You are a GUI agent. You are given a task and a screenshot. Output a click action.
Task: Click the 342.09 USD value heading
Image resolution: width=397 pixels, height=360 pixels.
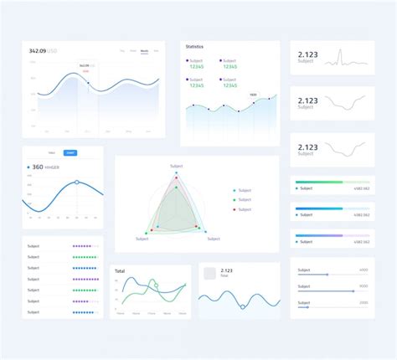click(42, 51)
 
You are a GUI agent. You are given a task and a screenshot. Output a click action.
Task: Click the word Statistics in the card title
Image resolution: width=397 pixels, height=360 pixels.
click(194, 47)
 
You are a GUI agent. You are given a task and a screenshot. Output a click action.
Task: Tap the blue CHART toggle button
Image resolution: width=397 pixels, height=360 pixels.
click(70, 153)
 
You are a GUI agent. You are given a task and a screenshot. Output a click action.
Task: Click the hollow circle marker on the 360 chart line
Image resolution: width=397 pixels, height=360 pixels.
click(77, 182)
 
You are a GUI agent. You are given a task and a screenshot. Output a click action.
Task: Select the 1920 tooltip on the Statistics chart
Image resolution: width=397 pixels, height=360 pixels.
click(253, 95)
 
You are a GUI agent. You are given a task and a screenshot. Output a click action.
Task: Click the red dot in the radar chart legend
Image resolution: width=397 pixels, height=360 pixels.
click(235, 209)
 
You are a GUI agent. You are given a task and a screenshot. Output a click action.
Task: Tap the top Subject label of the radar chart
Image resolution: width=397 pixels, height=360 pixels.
click(176, 166)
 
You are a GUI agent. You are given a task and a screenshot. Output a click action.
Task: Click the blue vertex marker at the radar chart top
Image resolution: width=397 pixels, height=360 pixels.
click(177, 172)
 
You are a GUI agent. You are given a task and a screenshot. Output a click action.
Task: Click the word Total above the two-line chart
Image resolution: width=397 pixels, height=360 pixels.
click(120, 271)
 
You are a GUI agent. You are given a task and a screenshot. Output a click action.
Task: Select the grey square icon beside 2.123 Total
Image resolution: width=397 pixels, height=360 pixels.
click(209, 272)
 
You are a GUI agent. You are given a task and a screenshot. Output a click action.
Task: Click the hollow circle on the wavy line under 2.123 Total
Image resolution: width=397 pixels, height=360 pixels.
click(243, 306)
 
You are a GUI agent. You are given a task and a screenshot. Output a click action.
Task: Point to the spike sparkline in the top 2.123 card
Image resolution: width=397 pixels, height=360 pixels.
click(340, 57)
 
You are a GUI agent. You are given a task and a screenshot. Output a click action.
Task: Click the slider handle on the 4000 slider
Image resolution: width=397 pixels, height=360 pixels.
click(326, 275)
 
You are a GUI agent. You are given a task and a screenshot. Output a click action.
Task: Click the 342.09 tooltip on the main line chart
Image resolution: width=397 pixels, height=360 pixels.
click(85, 66)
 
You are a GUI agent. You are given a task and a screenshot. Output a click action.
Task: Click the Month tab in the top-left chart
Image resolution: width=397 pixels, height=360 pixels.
click(144, 51)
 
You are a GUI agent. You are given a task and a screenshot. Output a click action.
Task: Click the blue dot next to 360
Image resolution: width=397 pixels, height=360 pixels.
click(28, 167)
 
